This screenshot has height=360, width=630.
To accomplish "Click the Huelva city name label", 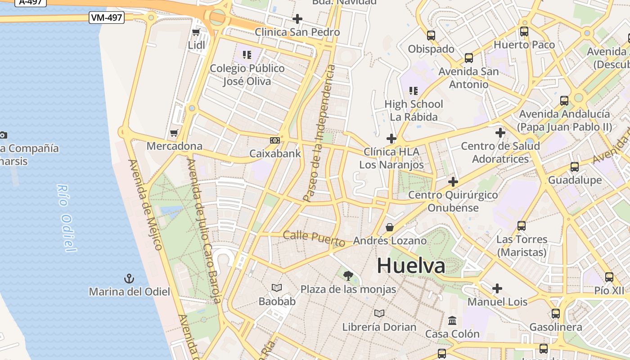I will point(411,265).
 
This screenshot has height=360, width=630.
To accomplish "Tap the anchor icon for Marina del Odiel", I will point(129,279).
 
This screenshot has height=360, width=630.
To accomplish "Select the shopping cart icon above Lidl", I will point(196,32).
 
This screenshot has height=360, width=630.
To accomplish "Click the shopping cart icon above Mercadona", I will point(174,133).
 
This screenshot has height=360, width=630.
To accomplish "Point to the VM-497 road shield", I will point(107,18).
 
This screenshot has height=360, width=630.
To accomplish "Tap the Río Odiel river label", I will point(65,218).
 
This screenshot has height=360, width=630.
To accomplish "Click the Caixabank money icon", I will point(275,140).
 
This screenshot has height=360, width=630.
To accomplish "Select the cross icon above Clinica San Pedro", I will point(297,19).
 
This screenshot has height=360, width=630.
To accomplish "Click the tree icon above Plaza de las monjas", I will point(348,275).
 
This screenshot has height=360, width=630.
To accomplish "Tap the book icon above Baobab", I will point(277,288).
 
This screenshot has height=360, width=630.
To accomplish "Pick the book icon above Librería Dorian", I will point(379,313).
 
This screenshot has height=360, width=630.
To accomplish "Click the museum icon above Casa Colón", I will point(452,321).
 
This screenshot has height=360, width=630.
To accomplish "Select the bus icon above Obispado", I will point(431,35).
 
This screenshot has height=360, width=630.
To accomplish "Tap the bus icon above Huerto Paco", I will point(524,31).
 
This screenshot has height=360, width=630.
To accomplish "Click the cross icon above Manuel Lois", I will point(497,288).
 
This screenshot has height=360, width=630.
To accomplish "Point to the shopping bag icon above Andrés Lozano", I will point(390,227).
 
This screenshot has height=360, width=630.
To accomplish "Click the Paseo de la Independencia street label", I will point(319,133).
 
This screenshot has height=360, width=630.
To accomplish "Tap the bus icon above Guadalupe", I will point(574,167).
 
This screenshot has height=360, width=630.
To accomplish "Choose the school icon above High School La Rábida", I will point(414,91).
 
